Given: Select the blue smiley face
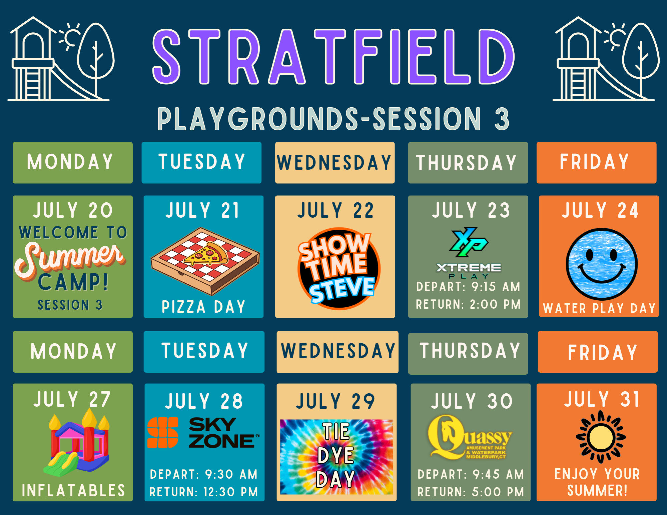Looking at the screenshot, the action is (x=602, y=264).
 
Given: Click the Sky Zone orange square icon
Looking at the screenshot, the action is (x=163, y=432).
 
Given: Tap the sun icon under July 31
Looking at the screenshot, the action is (x=601, y=437).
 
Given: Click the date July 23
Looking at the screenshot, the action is (x=471, y=210).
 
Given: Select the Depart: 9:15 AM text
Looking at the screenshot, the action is (x=468, y=286).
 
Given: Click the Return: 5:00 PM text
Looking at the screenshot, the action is (x=471, y=492).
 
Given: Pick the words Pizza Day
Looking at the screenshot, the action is (x=203, y=307).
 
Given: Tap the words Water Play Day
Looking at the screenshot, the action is (x=599, y=308).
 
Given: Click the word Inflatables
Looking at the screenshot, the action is (x=73, y=490).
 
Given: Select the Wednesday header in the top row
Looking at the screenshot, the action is (x=334, y=163).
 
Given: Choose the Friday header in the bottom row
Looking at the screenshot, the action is (x=602, y=352).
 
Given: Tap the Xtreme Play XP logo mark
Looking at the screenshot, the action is (x=468, y=242).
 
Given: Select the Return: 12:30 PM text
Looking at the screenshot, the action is (x=204, y=492).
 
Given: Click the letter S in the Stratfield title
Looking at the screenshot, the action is (x=166, y=56).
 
